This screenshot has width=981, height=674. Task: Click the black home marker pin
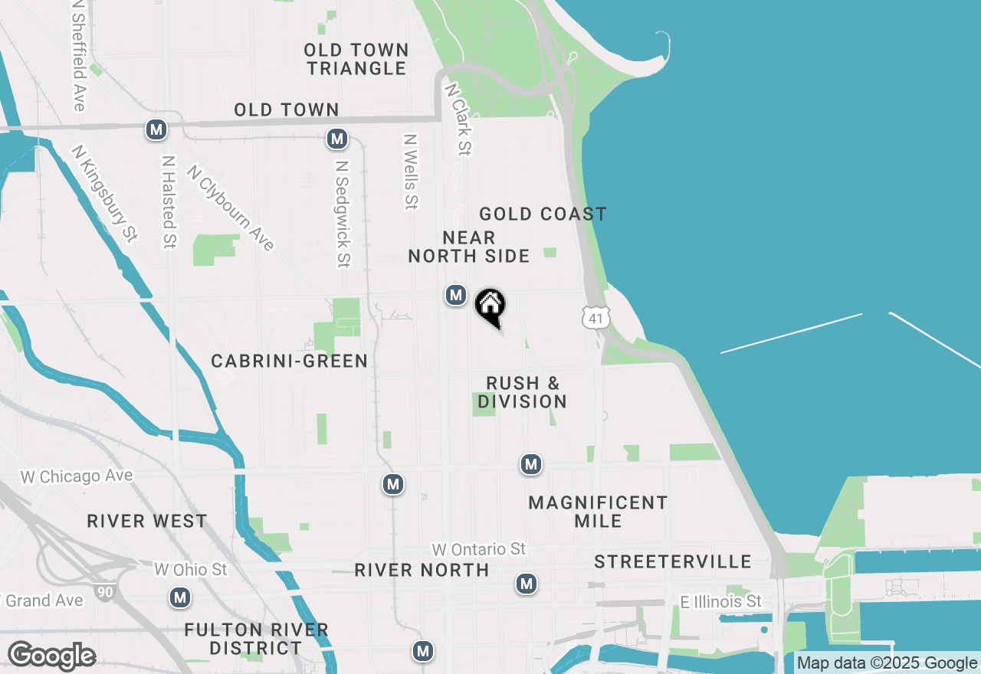point(490,306)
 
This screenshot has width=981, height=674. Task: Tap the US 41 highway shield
point(595,317)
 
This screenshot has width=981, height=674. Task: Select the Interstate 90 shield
point(106,591)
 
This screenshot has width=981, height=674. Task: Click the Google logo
point(51,656)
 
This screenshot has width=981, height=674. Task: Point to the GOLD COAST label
point(543,214)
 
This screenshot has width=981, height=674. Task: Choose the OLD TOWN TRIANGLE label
point(356,59)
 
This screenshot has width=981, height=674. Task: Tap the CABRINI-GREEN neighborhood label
point(290,361)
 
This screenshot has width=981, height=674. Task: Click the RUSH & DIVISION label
point(523,392)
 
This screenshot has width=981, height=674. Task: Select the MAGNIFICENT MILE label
point(598,512)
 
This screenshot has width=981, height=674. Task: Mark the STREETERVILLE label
point(673,562)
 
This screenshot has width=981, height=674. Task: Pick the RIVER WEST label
point(147,522)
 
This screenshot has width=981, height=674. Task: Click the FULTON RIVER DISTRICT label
point(257,640)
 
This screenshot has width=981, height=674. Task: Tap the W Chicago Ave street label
point(77,476)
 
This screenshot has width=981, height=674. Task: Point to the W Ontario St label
point(479,549)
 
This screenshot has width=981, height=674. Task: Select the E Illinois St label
point(721,602)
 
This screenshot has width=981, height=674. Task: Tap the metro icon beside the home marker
point(456,295)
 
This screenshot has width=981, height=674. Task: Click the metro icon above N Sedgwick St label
point(336,139)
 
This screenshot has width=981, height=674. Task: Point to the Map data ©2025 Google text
point(887,663)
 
